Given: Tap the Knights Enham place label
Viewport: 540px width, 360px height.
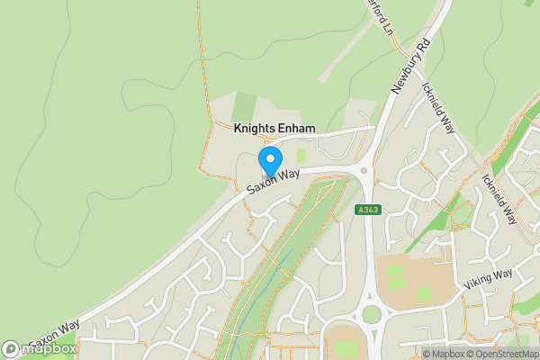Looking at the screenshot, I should coord(274,129).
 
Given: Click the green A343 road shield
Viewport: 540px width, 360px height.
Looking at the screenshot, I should coord(367,210).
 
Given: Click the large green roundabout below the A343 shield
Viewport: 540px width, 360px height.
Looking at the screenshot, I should coord(371,314).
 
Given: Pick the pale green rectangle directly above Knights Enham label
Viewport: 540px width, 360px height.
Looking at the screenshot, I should coord(244,106).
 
